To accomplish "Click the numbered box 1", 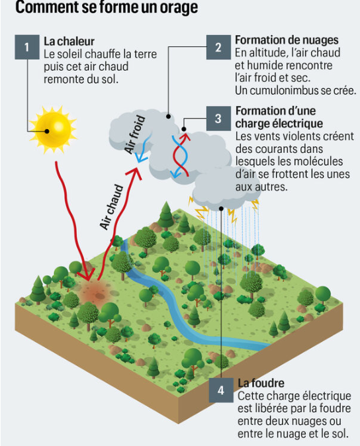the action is click(x=27, y=47).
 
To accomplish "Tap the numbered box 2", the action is click(x=218, y=47).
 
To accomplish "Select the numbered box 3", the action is click(x=218, y=118).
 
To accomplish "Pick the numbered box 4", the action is click(x=221, y=390).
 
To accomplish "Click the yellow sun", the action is click(x=53, y=130).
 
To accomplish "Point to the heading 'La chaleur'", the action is click(x=69, y=42).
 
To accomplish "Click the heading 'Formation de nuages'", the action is click(x=287, y=40).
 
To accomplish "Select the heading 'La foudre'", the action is click(x=261, y=383).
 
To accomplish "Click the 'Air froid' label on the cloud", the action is click(x=135, y=134).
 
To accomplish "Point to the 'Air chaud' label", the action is click(x=111, y=206).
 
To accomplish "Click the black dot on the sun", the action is click(x=47, y=132).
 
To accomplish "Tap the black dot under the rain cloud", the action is click(x=221, y=209).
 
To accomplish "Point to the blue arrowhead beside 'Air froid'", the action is click(x=141, y=157).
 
